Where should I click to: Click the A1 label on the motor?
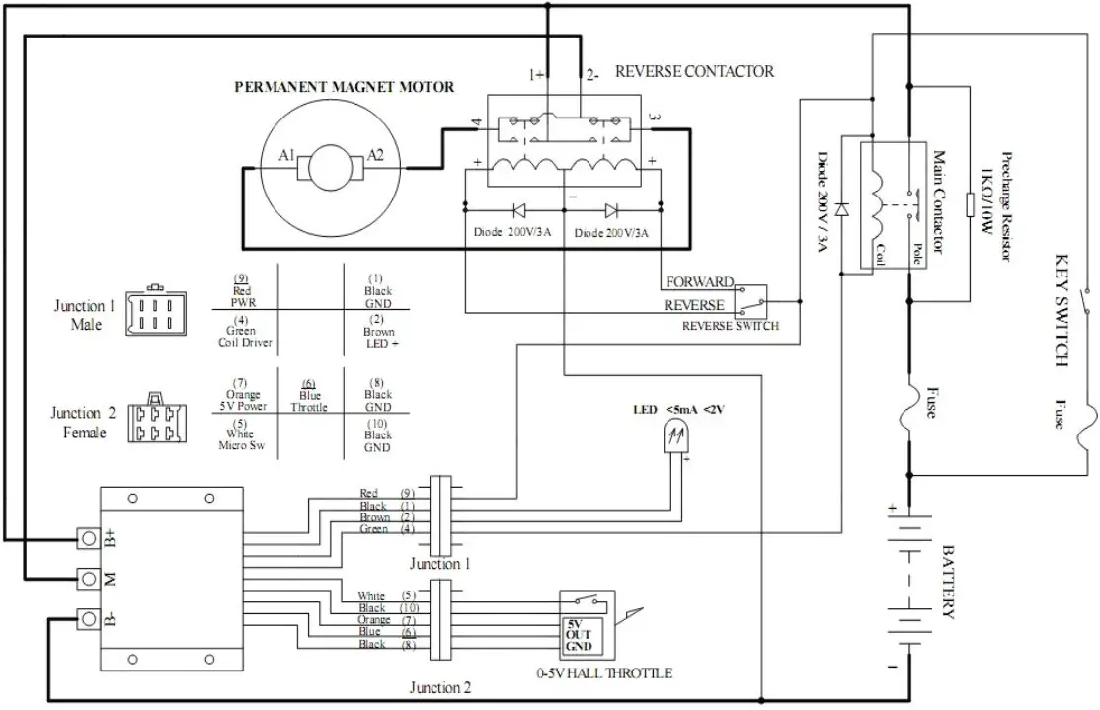click(x=286, y=156)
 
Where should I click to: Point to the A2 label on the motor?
click(x=375, y=156)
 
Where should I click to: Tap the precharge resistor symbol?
click(x=972, y=204)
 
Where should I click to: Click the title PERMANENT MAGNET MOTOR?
click(x=344, y=87)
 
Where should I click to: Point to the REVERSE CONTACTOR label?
click(x=694, y=72)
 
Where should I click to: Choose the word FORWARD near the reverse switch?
click(x=699, y=281)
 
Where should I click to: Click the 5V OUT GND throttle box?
click(x=577, y=636)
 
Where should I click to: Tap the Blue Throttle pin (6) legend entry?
click(x=309, y=395)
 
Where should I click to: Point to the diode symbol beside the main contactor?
click(x=840, y=209)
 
